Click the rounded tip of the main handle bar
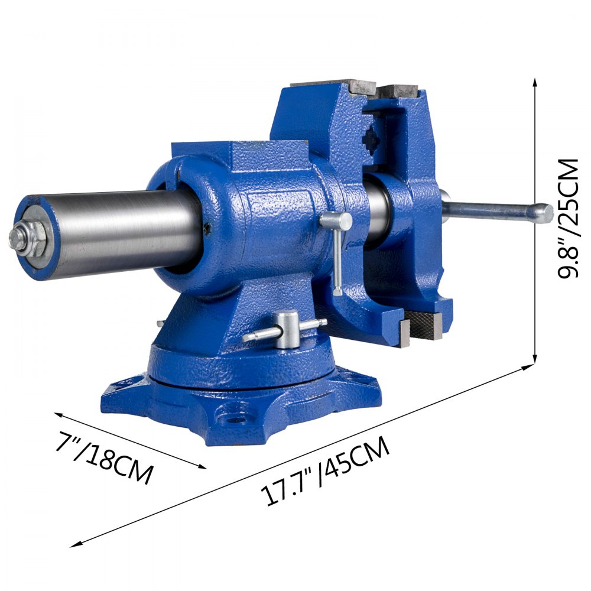(x=545, y=213)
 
